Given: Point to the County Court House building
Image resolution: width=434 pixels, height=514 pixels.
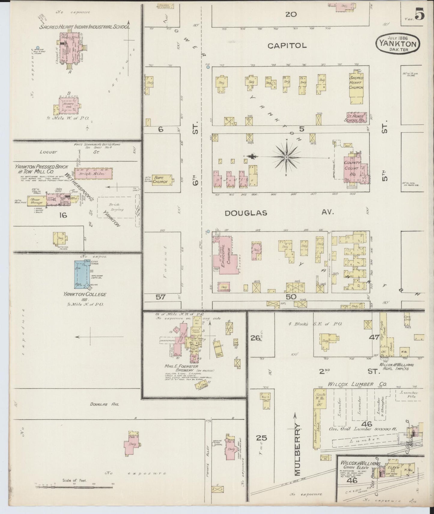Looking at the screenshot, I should pos(352,168).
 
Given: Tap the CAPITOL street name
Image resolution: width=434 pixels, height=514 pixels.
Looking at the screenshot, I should pos(287,46).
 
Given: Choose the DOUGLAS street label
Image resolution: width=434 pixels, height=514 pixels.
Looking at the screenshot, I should pos(246,213).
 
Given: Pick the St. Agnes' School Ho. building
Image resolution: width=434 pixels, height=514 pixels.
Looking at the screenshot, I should pos(356,118).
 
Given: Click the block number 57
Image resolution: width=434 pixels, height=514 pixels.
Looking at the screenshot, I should pos(161,297).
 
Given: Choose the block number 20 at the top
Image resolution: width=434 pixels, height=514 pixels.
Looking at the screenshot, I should pos(291,14).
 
